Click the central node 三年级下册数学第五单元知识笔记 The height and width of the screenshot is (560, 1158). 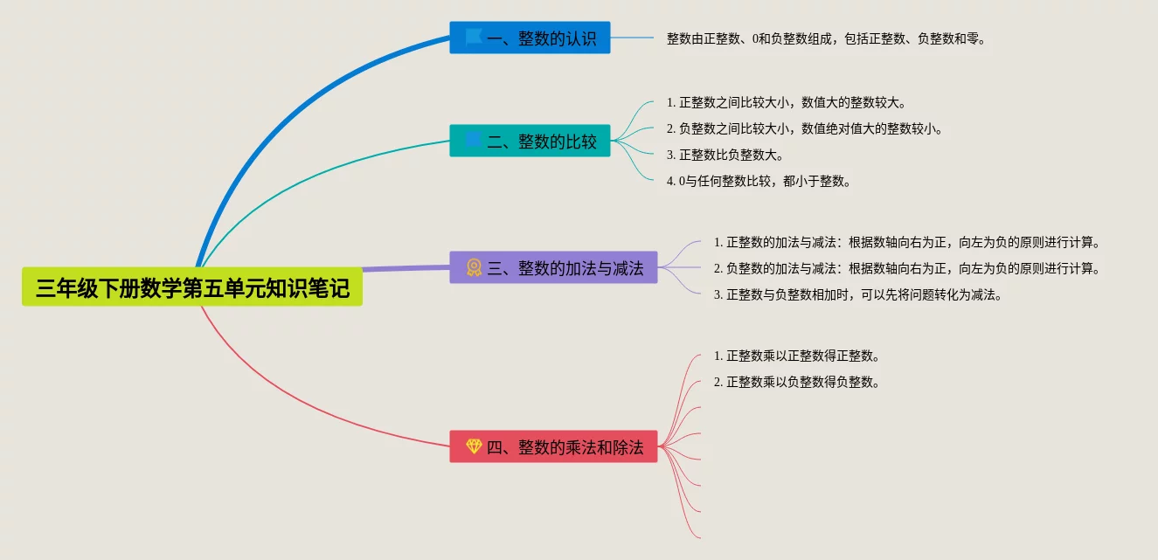(x=191, y=287)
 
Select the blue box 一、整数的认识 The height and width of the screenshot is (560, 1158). (x=530, y=38)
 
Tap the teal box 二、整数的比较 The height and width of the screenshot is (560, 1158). (x=530, y=141)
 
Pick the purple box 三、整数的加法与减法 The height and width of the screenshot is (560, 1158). (x=554, y=267)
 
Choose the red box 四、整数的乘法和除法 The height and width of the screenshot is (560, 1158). (x=554, y=446)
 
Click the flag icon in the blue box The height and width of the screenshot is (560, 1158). (x=473, y=38)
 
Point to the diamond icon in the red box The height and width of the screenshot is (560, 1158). (x=474, y=446)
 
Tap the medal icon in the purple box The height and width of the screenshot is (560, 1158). (x=474, y=267)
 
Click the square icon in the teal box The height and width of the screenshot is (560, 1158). (x=473, y=140)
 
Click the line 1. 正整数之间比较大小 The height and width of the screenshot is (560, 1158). (x=787, y=102)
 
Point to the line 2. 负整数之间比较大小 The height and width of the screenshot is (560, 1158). (x=804, y=128)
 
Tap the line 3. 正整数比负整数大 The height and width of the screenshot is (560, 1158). (x=725, y=155)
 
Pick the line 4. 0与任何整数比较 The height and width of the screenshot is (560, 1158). (x=759, y=182)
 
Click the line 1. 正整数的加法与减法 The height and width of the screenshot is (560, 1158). (x=907, y=242)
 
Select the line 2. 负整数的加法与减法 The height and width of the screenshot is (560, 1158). (x=907, y=268)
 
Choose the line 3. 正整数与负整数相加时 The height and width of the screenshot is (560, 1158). (x=858, y=295)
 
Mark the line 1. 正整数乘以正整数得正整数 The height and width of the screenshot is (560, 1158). (x=797, y=356)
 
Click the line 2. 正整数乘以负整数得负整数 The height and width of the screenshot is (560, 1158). (x=797, y=383)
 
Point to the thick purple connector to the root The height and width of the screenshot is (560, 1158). (x=406, y=268)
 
